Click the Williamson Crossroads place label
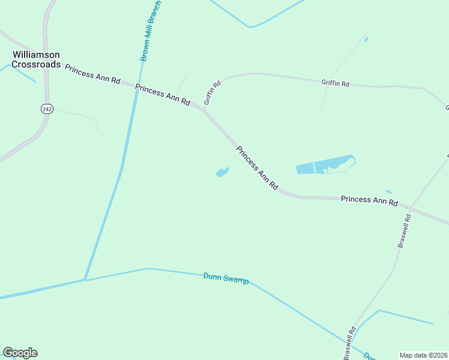[x=36, y=59]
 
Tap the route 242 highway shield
[x=47, y=109]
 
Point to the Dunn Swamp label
[x=226, y=278]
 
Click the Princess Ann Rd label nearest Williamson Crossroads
[x=92, y=75]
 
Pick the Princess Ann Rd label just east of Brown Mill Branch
[x=162, y=95]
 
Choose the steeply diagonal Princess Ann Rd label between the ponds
[x=257, y=169]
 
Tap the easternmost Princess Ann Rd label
[x=369, y=200]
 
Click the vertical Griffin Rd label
[x=212, y=92]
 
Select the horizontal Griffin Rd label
[x=335, y=83]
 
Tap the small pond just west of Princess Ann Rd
[x=222, y=173]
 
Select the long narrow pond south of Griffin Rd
[x=325, y=166]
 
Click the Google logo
[x=20, y=353]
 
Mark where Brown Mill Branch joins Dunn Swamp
[x=86, y=280]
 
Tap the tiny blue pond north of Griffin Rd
[x=366, y=40]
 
